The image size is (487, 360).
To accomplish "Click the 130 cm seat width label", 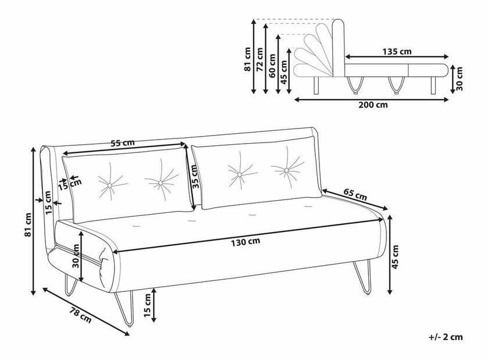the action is pyautogui.click(x=246, y=242).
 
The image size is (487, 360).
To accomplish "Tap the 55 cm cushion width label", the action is pyautogui.click(x=123, y=142).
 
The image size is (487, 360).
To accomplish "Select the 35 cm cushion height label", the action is pyautogui.click(x=194, y=177).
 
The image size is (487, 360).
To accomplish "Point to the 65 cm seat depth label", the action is pyautogui.click(x=356, y=194).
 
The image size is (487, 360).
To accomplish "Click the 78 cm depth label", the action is pyautogui.click(x=80, y=315).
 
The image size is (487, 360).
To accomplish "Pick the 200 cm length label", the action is pyautogui.click(x=373, y=105).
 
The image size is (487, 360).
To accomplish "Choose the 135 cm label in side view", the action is pyautogui.click(x=397, y=51).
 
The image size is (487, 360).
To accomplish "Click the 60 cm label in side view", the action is pyautogui.click(x=272, y=66).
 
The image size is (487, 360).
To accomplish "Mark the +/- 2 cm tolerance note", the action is pyautogui.click(x=446, y=337).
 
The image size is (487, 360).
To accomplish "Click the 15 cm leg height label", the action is pyautogui.click(x=147, y=305).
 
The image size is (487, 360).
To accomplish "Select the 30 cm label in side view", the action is pyautogui.click(x=459, y=79).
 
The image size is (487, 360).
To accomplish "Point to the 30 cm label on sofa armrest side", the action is pyautogui.click(x=76, y=256).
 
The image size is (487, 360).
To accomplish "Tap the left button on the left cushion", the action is pyautogui.click(x=109, y=186).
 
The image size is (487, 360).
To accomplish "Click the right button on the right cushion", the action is pyautogui.click(x=286, y=170).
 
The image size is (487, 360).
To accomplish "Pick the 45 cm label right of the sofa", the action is pyautogui.click(x=396, y=257).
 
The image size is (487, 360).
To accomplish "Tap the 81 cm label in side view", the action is pyautogui.click(x=247, y=59).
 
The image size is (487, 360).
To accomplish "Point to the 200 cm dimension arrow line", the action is pyautogui.click(x=371, y=99).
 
